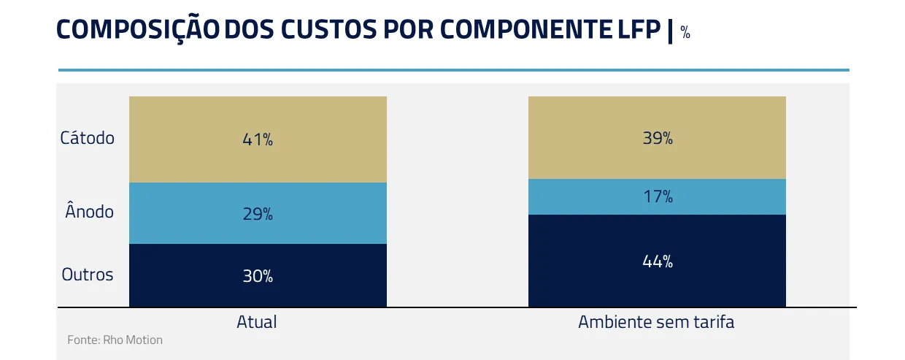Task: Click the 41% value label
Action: [x=258, y=139]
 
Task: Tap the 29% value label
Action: [x=258, y=214]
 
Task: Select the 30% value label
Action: [x=258, y=276]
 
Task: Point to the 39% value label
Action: [x=658, y=138]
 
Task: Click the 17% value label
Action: [x=658, y=196]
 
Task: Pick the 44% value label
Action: [x=658, y=261]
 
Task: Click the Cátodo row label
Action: [x=88, y=137]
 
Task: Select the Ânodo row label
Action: [x=89, y=212]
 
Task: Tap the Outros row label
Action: [x=88, y=275]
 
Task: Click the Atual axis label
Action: [x=257, y=322]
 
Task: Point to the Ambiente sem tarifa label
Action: [x=656, y=322]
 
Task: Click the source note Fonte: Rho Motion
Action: [x=115, y=340]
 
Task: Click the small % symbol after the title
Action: [x=685, y=32]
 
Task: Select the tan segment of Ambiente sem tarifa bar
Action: [x=584, y=138]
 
